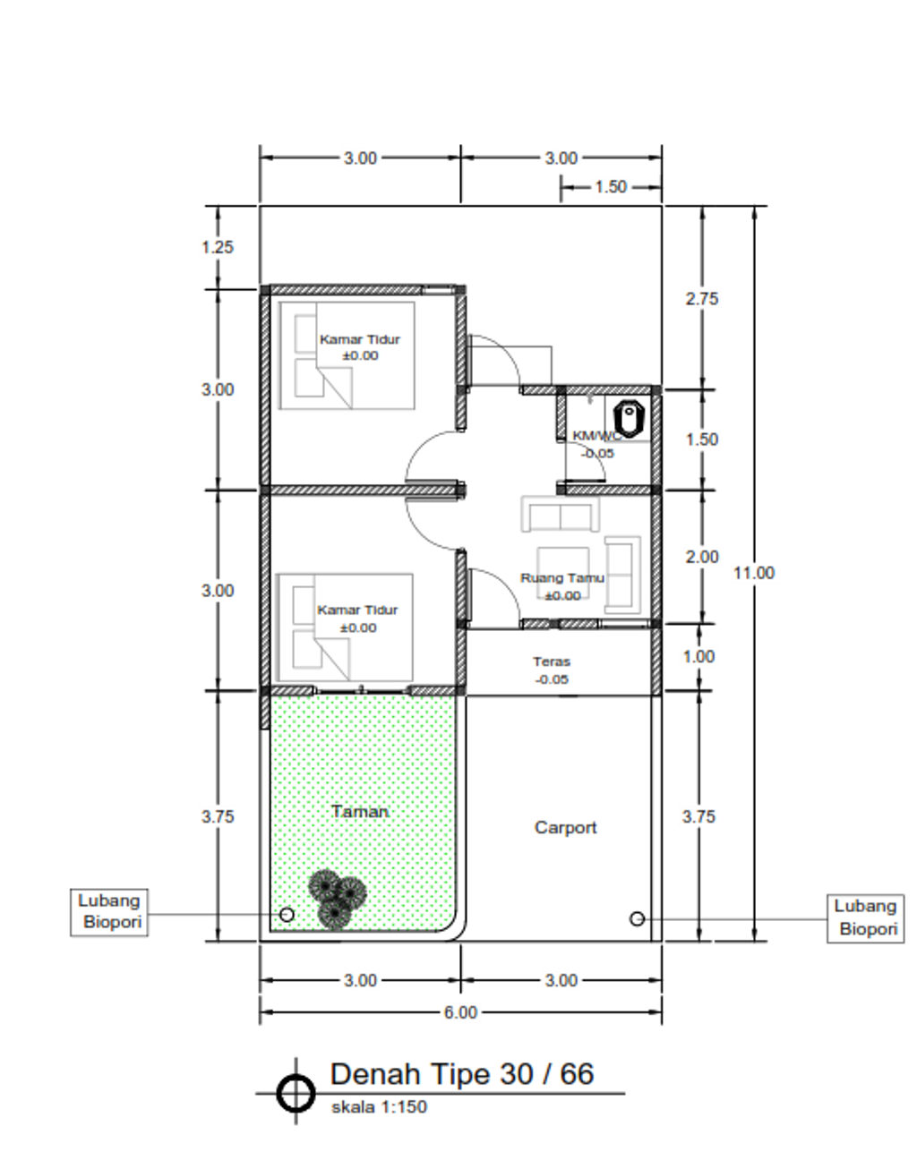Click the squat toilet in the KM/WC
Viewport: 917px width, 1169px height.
[629, 419]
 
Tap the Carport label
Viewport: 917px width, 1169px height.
[566, 827]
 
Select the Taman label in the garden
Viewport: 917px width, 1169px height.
[360, 811]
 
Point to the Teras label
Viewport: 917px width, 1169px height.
[552, 661]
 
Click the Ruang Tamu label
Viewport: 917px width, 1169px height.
[561, 578]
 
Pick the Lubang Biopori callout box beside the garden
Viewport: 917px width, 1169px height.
[109, 912]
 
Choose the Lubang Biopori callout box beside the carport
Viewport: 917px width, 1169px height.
[865, 919]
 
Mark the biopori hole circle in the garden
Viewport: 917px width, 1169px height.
[287, 914]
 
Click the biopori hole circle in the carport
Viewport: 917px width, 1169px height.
[638, 919]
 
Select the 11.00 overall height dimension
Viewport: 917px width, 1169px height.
[754, 573]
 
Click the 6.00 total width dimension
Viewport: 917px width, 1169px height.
[460, 1012]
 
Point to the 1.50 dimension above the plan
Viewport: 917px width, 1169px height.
[611, 187]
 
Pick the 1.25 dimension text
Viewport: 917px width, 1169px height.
[218, 247]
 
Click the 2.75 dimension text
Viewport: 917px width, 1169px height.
[702, 299]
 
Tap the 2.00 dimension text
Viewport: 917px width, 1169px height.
[702, 557]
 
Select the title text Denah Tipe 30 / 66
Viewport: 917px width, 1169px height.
[462, 1074]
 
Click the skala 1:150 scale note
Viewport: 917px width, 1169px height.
[380, 1106]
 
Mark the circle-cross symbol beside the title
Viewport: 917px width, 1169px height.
[296, 1093]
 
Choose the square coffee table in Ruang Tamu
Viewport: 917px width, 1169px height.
[563, 573]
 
